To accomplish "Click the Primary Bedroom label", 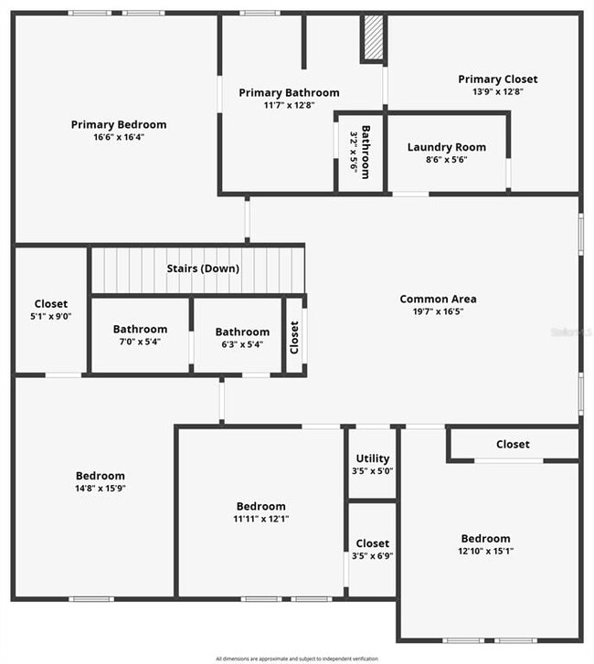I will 119,124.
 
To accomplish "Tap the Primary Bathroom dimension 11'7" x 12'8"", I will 289,105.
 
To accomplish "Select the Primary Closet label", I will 497,79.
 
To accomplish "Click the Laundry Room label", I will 446,147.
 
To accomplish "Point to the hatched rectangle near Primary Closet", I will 373,38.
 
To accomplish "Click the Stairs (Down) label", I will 203,269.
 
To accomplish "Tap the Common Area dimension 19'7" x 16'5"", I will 438,311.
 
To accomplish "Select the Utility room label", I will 372,458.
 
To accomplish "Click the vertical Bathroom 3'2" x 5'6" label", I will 360,152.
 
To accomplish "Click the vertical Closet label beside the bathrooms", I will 294,337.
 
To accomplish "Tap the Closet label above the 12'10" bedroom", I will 512,444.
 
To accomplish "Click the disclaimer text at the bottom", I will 297,658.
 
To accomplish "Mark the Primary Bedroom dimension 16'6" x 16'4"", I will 119,137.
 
